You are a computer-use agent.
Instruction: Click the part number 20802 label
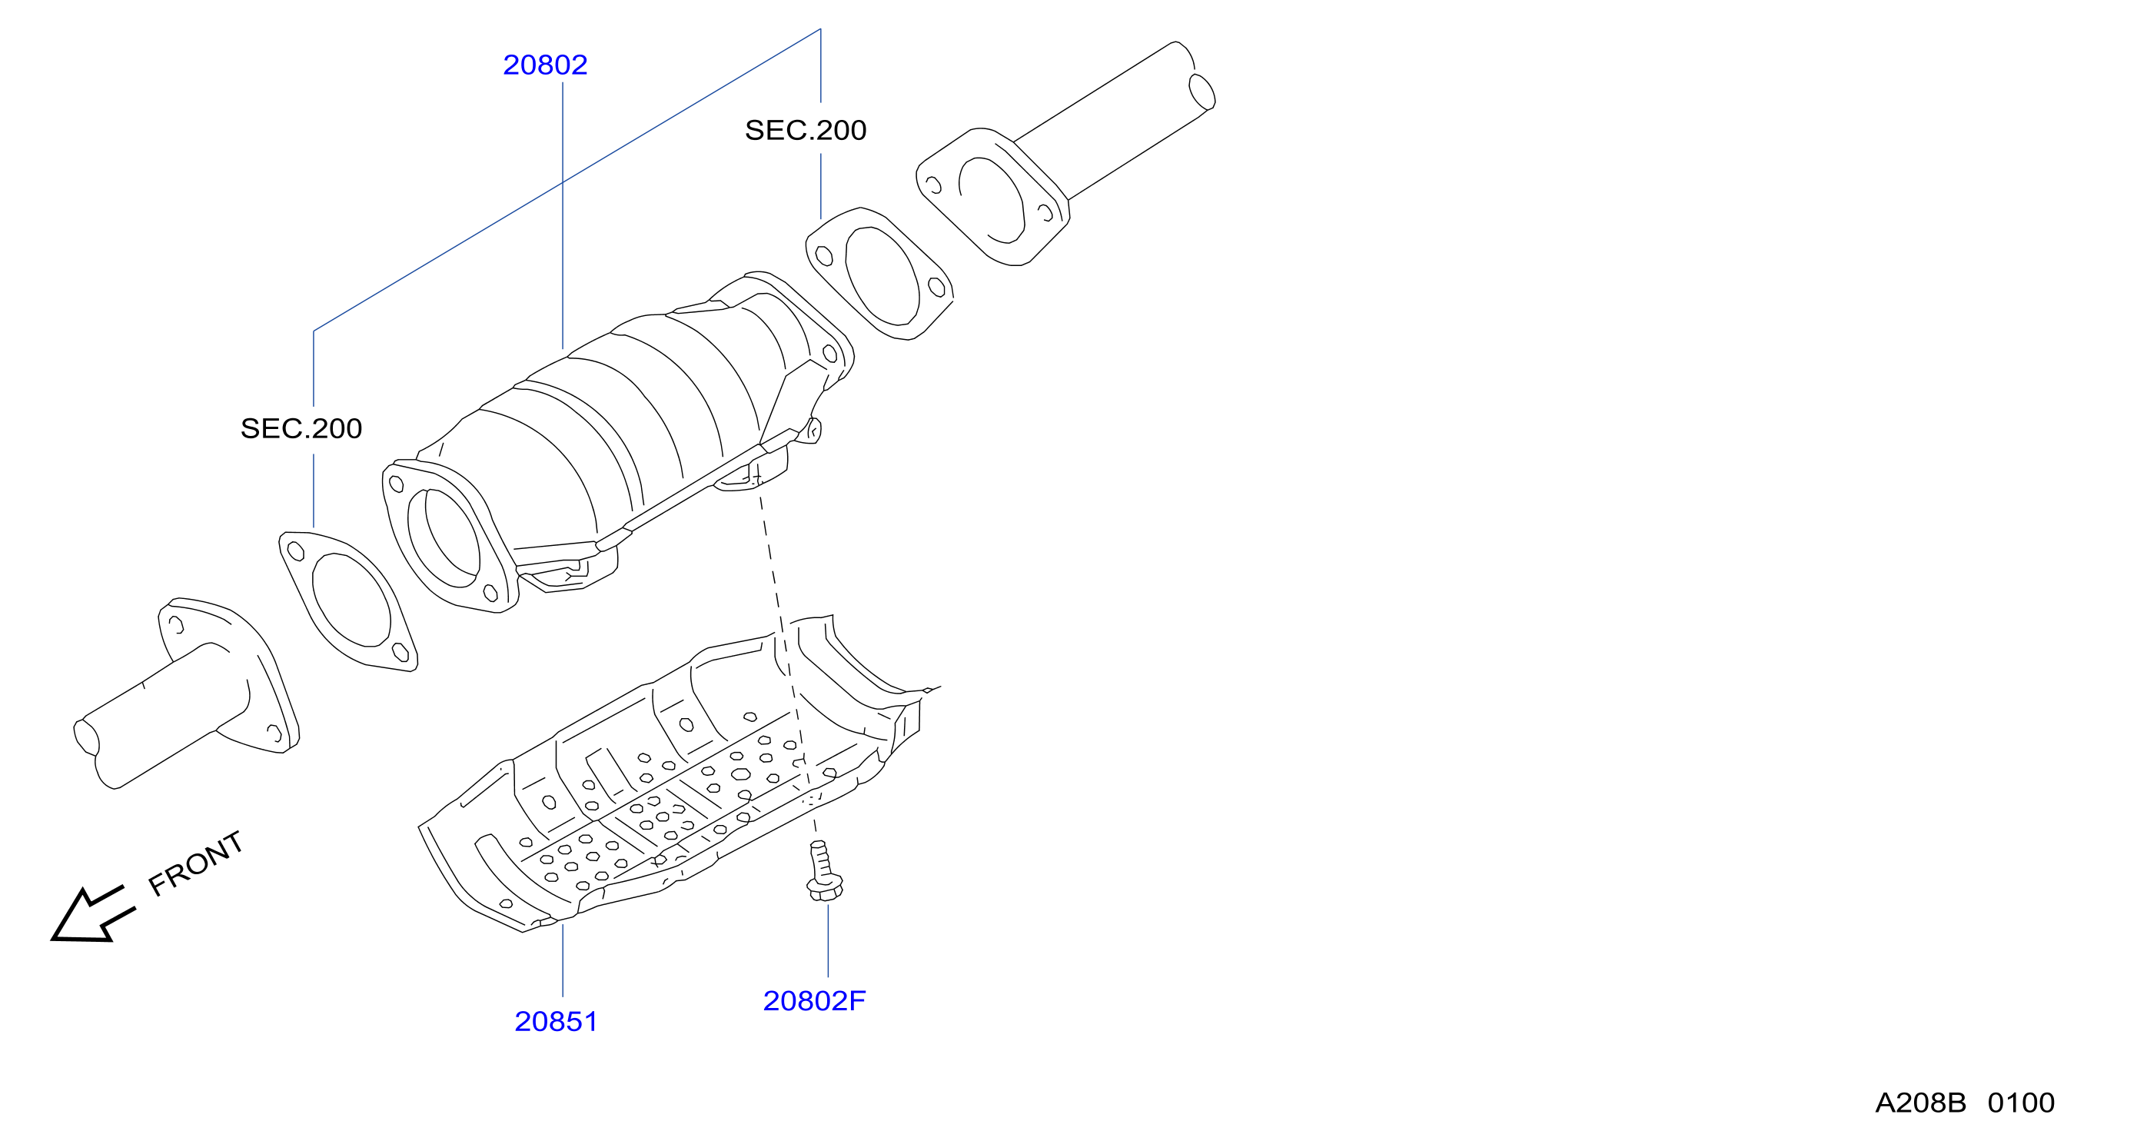[x=545, y=65]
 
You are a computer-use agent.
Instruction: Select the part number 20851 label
[x=556, y=1022]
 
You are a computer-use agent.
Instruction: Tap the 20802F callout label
[x=814, y=1001]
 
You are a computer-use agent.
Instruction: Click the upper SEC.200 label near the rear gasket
[x=806, y=130]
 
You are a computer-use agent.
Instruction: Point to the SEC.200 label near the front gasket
[x=301, y=428]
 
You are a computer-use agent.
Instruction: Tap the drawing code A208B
[x=1919, y=1103]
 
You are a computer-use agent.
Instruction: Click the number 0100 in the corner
[x=2021, y=1103]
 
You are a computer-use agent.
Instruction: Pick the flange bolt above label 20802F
[x=824, y=871]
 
